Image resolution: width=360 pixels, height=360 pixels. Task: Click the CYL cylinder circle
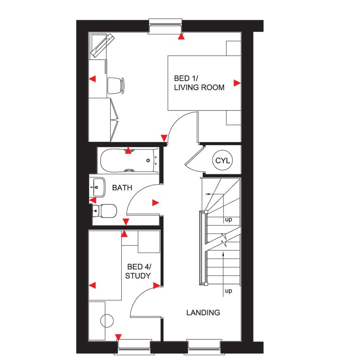pyautogui.click(x=222, y=161)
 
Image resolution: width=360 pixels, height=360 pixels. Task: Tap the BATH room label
pyautogui.click(x=122, y=188)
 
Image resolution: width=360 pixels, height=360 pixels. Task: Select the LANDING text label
pyautogui.click(x=203, y=312)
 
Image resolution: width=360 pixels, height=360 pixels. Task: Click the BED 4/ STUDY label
pyautogui.click(x=138, y=271)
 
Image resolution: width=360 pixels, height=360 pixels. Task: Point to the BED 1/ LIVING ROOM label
pyautogui.click(x=199, y=83)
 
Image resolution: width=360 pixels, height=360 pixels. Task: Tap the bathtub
pyautogui.click(x=129, y=161)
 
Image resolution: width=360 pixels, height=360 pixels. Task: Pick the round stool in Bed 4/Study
pyautogui.click(x=107, y=321)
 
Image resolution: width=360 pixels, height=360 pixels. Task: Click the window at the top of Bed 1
pyautogui.click(x=166, y=26)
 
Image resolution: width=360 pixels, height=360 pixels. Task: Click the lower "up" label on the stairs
pyautogui.click(x=229, y=291)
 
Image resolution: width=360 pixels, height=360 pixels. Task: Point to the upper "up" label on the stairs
pyautogui.click(x=229, y=220)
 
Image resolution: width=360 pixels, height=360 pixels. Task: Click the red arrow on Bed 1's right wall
pyautogui.click(x=237, y=83)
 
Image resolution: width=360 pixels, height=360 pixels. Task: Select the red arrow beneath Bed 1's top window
pyautogui.click(x=181, y=36)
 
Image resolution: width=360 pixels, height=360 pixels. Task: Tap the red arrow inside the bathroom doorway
pyautogui.click(x=155, y=202)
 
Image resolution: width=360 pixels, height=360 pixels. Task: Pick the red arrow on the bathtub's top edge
pyautogui.click(x=129, y=151)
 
